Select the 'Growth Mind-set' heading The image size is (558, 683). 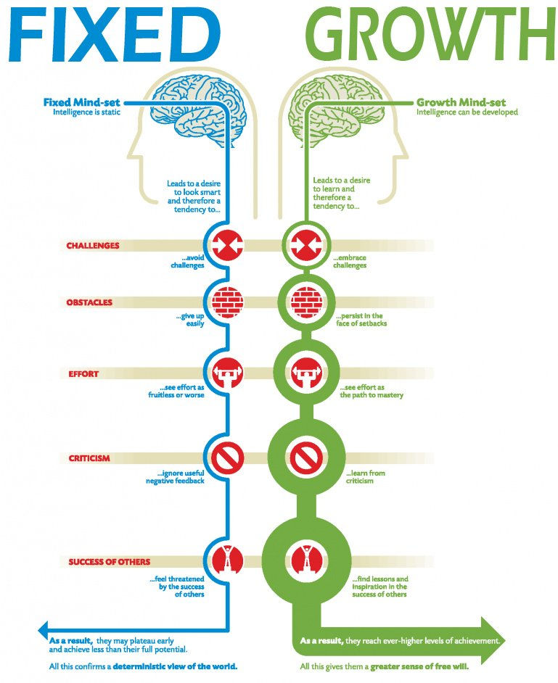tap(461, 103)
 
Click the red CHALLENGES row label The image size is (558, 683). tap(93, 246)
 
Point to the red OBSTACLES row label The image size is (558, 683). tap(89, 302)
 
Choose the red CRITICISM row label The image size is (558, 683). tap(89, 458)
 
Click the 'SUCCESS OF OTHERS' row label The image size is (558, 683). tap(110, 562)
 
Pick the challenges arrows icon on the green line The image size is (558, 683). tap(301, 245)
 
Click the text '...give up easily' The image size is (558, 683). tap(190, 320)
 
